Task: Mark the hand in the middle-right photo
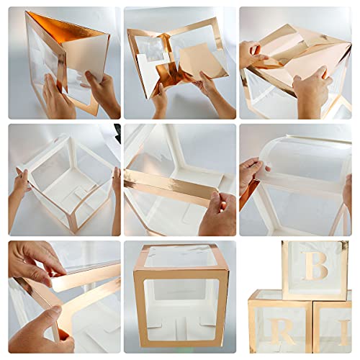click(250, 173)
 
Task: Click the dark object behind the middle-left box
click(117, 134)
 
